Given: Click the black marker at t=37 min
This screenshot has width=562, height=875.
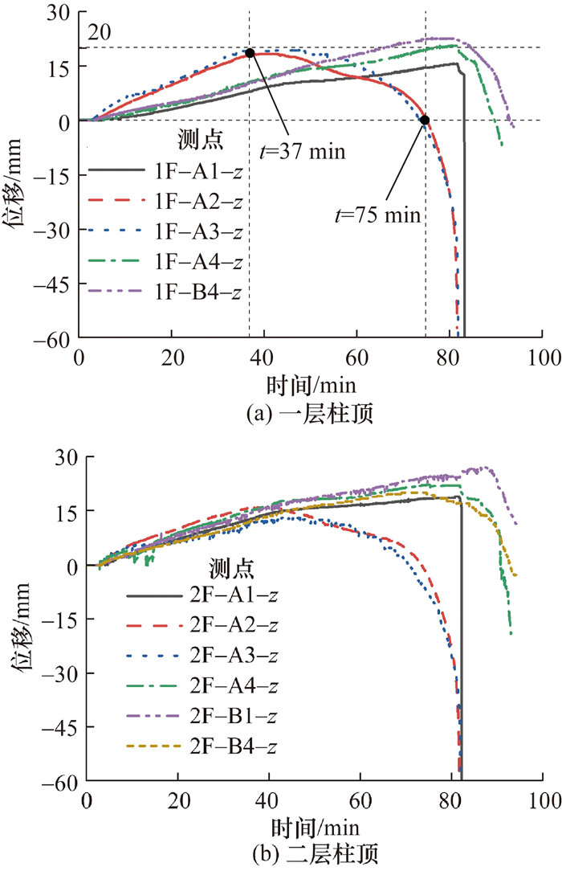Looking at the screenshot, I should click(250, 53).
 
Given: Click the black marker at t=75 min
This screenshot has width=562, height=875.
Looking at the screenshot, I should click(425, 120).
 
